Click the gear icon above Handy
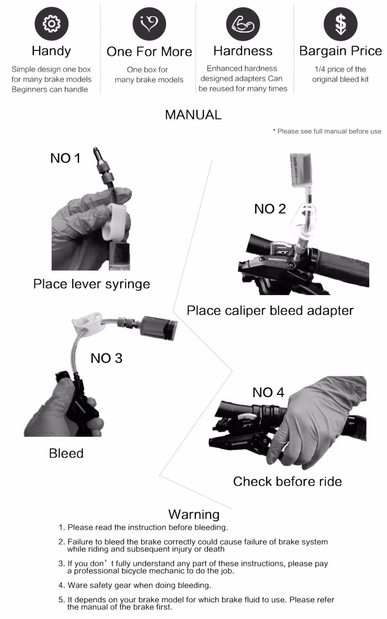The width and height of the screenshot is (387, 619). pyautogui.click(x=51, y=24)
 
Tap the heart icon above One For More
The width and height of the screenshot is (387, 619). pyautogui.click(x=149, y=24)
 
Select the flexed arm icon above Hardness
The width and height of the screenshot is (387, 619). pyautogui.click(x=243, y=24)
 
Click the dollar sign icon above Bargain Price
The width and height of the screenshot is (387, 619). pyautogui.click(x=340, y=24)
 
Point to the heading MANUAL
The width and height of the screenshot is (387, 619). pyautogui.click(x=193, y=115)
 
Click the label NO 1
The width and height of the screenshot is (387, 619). pyautogui.click(x=65, y=158)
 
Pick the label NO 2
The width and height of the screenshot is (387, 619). pyautogui.click(x=270, y=209)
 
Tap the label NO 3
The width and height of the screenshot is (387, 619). pyautogui.click(x=106, y=358)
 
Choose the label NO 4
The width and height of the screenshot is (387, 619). pyautogui.click(x=268, y=392)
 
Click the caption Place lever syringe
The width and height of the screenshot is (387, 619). pyautogui.click(x=91, y=284)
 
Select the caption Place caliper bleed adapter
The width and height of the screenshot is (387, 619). pyautogui.click(x=270, y=310)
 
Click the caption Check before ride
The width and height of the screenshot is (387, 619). pyautogui.click(x=287, y=481)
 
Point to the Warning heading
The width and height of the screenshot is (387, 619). pyautogui.click(x=193, y=514)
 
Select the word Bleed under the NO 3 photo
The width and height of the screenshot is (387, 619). pyautogui.click(x=66, y=453)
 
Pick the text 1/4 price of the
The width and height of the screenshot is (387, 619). pyautogui.click(x=340, y=69)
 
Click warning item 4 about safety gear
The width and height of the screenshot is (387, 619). pyautogui.click(x=139, y=585)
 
